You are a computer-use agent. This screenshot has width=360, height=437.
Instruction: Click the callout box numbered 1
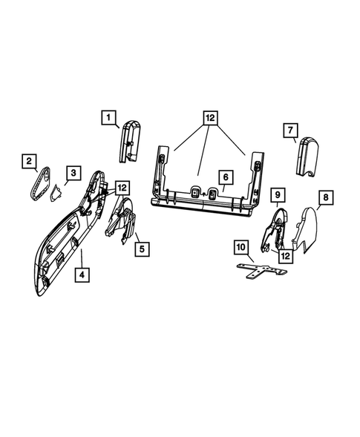tap(108, 117)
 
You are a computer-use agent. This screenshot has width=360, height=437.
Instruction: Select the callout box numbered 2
tap(29, 160)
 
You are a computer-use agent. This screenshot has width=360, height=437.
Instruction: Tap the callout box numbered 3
tap(73, 174)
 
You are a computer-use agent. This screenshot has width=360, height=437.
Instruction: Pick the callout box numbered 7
tap(291, 131)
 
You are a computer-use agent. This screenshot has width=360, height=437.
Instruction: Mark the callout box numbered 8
tap(324, 197)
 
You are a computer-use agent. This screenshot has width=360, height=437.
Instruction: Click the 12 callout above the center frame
tap(210, 118)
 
